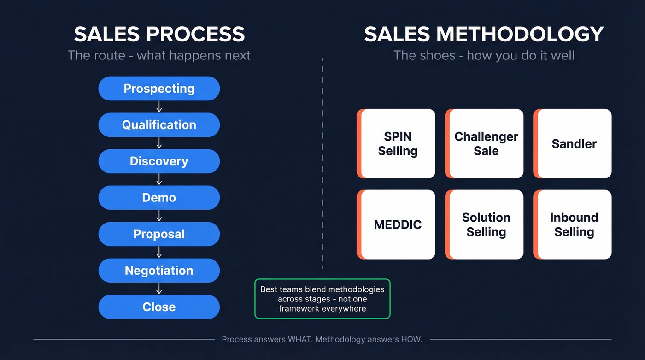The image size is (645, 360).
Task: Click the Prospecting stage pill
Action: click(159, 89)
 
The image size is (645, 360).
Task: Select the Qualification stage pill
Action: click(159, 125)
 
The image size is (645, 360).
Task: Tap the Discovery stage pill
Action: click(159, 161)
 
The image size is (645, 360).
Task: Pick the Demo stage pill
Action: click(159, 198)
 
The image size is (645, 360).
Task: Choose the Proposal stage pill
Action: click(159, 234)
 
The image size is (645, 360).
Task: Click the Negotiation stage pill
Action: click(159, 271)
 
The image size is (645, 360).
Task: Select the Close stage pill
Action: click(159, 307)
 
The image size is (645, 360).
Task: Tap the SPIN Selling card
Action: click(397, 144)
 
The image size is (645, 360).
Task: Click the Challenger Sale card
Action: click(485, 144)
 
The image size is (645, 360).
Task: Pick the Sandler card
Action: click(574, 144)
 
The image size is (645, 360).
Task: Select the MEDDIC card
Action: click(397, 224)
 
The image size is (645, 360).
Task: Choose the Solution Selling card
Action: click(485, 224)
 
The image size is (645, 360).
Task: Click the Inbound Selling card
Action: click(574, 224)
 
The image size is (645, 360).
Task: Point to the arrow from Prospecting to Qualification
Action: click(159, 106)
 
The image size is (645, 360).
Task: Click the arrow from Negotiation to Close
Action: click(159, 289)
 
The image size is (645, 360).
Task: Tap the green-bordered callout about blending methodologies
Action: click(322, 299)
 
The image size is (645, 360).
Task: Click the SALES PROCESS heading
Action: click(159, 35)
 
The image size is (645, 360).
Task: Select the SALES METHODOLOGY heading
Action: click(484, 35)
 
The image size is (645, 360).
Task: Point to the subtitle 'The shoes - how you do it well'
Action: click(484, 56)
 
